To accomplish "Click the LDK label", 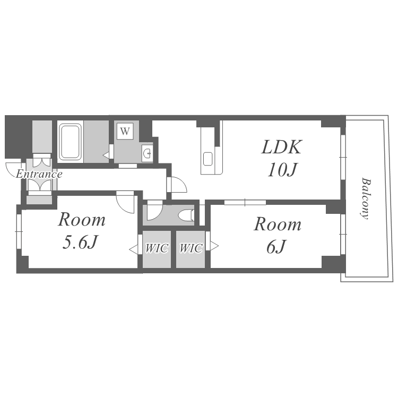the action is [x=281, y=147].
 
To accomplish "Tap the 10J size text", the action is [x=282, y=169].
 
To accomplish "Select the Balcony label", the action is [x=366, y=198].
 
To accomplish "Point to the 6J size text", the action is [x=276, y=247].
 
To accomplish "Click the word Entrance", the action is [x=39, y=174].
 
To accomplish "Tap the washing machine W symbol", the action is [x=125, y=131].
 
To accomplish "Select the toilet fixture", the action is [x=186, y=215].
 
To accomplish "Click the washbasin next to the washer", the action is [x=147, y=153].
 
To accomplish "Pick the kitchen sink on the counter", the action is [x=208, y=159].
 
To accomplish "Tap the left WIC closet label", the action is [x=157, y=248].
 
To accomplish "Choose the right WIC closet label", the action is [x=191, y=248].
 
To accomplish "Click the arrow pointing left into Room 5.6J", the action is [x=133, y=248].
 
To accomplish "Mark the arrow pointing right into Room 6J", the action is [x=214, y=246].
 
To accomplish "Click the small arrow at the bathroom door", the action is [x=106, y=154].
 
